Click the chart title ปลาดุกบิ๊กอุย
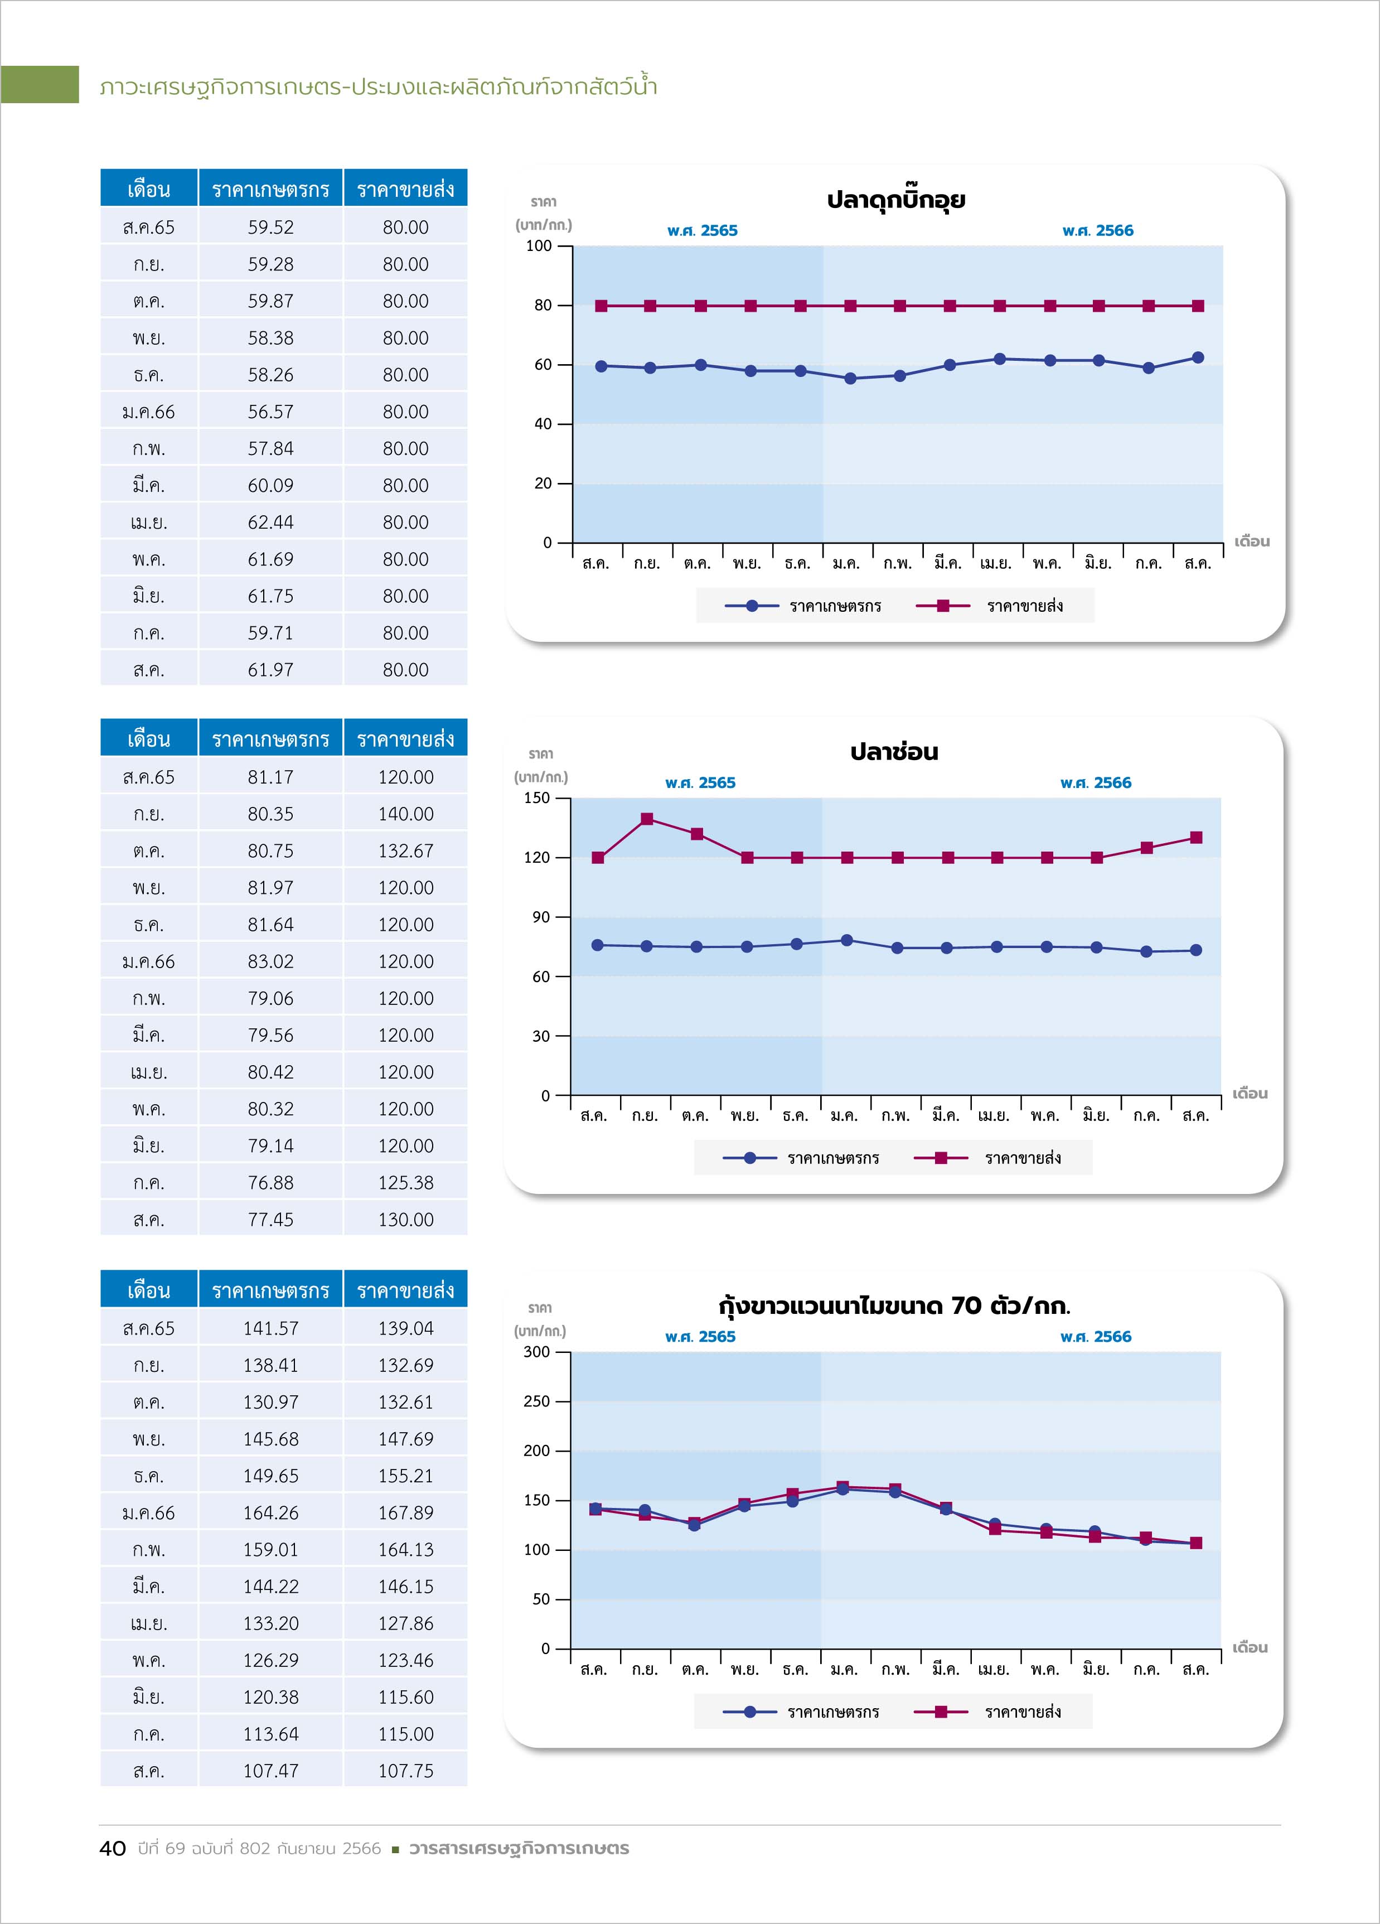pyautogui.click(x=895, y=200)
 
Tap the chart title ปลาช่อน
pyautogui.click(x=894, y=752)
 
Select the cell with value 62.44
pyautogui.click(x=270, y=523)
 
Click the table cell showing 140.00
pyautogui.click(x=405, y=814)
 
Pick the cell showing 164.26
pyautogui.click(x=270, y=1512)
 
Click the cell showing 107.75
pyautogui.click(x=405, y=1771)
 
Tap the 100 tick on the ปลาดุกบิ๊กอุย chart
pyautogui.click(x=539, y=246)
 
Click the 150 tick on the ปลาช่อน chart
pyautogui.click(x=537, y=798)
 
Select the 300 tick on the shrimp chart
pyautogui.click(x=537, y=1352)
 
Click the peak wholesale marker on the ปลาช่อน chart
pyautogui.click(x=647, y=819)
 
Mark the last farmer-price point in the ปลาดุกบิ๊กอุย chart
pyautogui.click(x=1198, y=358)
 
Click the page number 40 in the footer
pyautogui.click(x=113, y=1849)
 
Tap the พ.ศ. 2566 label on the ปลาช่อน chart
pyautogui.click(x=1096, y=783)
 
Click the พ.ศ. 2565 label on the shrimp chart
pyautogui.click(x=701, y=1337)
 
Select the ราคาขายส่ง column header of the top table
pyautogui.click(x=405, y=188)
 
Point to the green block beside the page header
pyautogui.click(x=39, y=84)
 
